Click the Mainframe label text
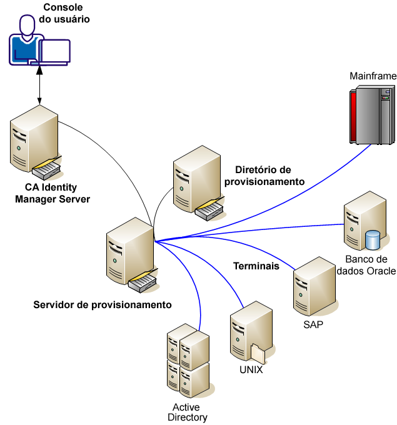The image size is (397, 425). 373,76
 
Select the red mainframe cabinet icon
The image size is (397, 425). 369,116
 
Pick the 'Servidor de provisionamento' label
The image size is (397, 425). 102,305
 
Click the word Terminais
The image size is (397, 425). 256,266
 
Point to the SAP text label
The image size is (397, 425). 313,326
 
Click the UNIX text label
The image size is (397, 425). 251,369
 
